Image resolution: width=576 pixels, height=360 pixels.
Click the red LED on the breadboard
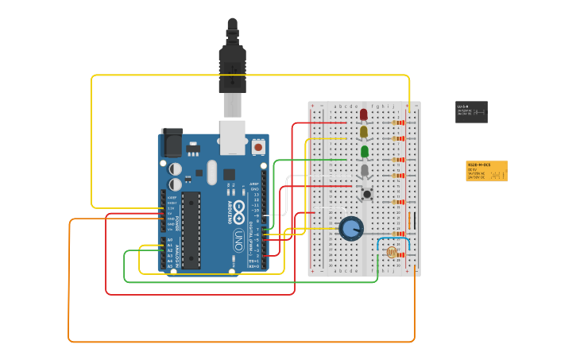point(364,114)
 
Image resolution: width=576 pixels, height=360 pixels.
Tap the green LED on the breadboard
point(364,151)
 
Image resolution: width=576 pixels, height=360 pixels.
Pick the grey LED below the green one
point(365,170)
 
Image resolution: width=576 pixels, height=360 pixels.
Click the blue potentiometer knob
point(350,229)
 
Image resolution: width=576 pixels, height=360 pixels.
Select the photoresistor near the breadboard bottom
point(391,252)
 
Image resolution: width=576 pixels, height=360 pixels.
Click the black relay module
point(471,112)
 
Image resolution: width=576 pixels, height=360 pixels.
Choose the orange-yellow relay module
point(486,171)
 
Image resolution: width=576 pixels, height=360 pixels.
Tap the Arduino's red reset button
point(258,147)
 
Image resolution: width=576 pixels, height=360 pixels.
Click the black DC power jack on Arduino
point(172,143)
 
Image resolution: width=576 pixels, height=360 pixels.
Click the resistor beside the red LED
point(398,122)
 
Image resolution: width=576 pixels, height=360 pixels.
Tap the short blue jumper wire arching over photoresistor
point(393,238)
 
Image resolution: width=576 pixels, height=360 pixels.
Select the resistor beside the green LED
point(398,159)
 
